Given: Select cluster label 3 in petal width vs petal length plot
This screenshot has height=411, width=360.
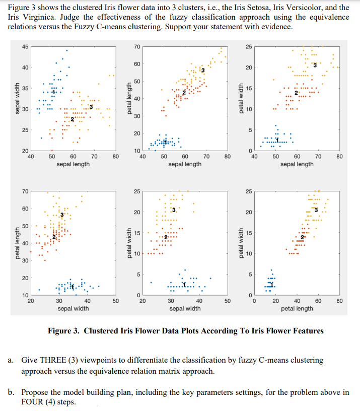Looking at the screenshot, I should coord(316,210).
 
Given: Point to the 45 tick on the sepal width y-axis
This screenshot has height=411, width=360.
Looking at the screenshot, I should coord(25,47).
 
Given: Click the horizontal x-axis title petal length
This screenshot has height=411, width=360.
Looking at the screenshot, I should coord(297,308).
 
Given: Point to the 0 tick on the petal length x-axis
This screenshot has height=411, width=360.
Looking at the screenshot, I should coord(254,301).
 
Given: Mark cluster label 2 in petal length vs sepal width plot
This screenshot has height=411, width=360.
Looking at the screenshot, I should coord(53,237).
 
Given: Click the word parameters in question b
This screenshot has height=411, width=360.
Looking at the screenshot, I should coord(210,392).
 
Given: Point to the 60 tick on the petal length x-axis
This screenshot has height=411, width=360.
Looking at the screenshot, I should coord(318,301).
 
